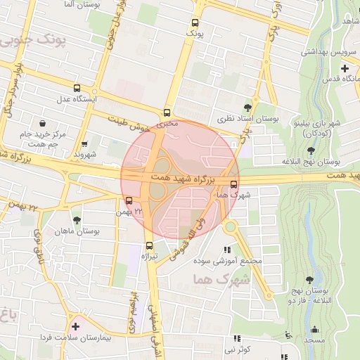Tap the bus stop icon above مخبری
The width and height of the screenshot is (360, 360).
[x=167, y=112]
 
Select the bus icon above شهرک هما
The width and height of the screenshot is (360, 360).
[x=233, y=184]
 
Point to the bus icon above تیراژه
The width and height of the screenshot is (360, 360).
[x=149, y=245]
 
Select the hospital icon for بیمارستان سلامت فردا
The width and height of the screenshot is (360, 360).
[x=76, y=326]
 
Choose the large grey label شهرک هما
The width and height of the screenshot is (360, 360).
[x=220, y=280]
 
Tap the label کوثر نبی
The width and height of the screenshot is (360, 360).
[x=237, y=349]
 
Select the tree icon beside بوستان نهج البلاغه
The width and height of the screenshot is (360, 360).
[x=311, y=150]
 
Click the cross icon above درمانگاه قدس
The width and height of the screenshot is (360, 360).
[x=345, y=68]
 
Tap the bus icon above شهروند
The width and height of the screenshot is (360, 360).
[x=85, y=143]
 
